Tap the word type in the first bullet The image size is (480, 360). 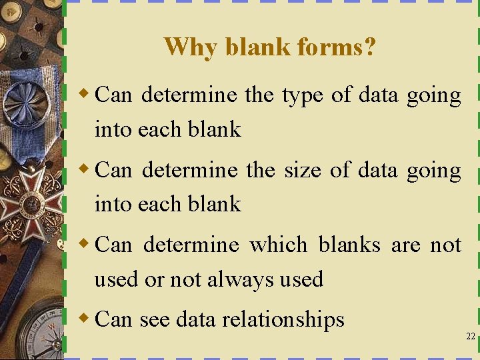pos(303,95)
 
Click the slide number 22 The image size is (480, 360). pos(470,337)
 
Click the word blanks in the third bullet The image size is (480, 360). pos(349,245)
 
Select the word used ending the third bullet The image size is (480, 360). pos(301,279)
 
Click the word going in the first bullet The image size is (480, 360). pos(434,95)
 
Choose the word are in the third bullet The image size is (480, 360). pos(405,245)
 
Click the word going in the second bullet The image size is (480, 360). pos(434,170)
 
